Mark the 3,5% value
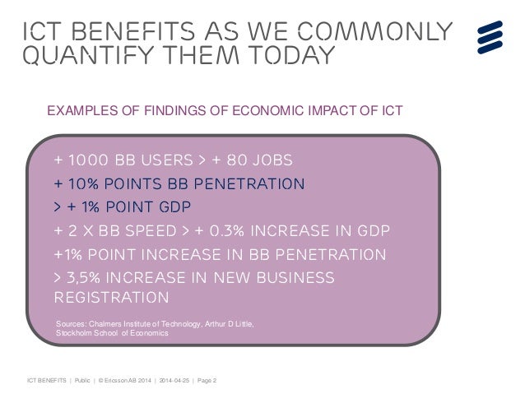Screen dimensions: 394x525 (89, 277)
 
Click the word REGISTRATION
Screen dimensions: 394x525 (111, 297)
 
